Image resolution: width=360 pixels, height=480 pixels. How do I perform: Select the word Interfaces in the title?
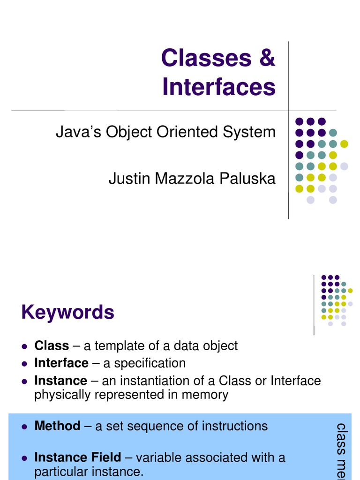(219, 87)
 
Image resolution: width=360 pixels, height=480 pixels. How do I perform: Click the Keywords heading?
(68, 312)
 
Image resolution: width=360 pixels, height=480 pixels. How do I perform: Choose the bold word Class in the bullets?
(52, 346)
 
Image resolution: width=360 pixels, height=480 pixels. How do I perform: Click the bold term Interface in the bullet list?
(61, 363)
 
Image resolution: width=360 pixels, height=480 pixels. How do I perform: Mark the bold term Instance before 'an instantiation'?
(61, 380)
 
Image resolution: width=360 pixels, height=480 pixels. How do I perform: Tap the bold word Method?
(57, 426)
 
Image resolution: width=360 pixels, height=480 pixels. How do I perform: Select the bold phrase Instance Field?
(78, 457)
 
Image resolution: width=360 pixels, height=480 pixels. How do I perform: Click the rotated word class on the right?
(342, 436)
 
